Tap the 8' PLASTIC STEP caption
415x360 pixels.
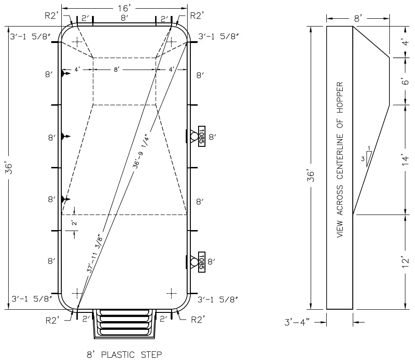tap(124, 354)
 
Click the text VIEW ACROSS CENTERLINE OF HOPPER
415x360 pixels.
tap(340, 160)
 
